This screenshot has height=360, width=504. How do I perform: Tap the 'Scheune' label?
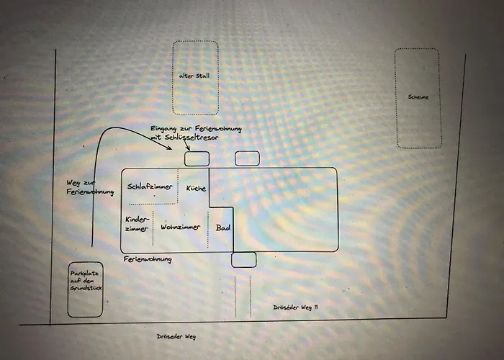[x=418, y=97]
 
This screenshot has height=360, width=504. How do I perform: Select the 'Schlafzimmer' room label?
[x=150, y=187]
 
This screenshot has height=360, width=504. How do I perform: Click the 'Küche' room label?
[x=196, y=189]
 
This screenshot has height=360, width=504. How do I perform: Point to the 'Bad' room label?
[x=223, y=228]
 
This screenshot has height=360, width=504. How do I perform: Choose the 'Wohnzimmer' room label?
[x=180, y=228]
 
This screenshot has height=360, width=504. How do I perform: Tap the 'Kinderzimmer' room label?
[x=136, y=223]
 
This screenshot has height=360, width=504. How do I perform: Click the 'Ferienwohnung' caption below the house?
[x=147, y=259]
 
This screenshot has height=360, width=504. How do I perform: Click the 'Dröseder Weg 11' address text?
[x=296, y=307]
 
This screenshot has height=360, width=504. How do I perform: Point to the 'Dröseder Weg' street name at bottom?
[x=176, y=336]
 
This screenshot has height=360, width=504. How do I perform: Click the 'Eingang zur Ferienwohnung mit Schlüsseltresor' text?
[x=192, y=132]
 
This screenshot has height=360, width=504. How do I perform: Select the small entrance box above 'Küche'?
[x=197, y=159]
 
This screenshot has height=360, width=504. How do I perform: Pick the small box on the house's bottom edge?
[x=243, y=260]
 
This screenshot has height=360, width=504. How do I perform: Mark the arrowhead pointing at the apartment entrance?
[x=171, y=149]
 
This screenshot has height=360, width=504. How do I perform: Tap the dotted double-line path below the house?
[x=243, y=295]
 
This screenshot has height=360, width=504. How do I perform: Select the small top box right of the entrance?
[x=247, y=158]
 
